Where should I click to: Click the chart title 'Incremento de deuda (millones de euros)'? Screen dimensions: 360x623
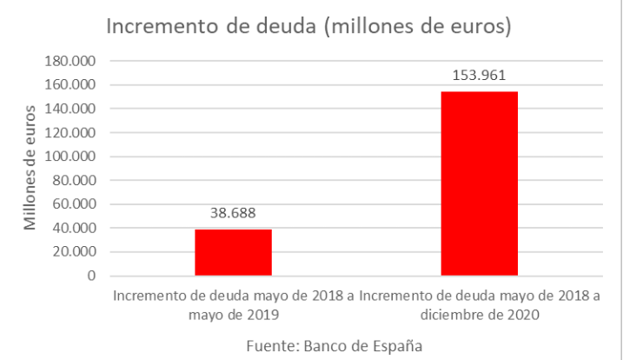[307, 27]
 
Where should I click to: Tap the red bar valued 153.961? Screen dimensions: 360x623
[480, 183]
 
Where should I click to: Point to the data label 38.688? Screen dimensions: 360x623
[233, 212]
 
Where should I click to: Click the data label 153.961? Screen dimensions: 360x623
[480, 75]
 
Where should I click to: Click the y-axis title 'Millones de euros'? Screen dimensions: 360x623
[31, 166]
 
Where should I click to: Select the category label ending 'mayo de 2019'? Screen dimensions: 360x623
[233, 305]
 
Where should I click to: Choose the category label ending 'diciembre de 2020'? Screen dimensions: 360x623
[480, 305]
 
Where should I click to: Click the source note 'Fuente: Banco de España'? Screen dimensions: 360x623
[335, 345]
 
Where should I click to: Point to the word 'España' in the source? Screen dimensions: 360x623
[399, 345]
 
